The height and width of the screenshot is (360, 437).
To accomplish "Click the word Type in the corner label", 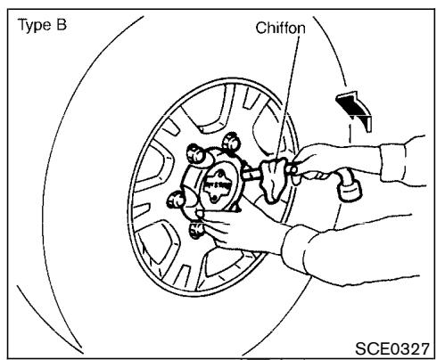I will point(29,21).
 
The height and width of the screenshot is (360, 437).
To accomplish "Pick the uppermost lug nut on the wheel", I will point(234,141).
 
